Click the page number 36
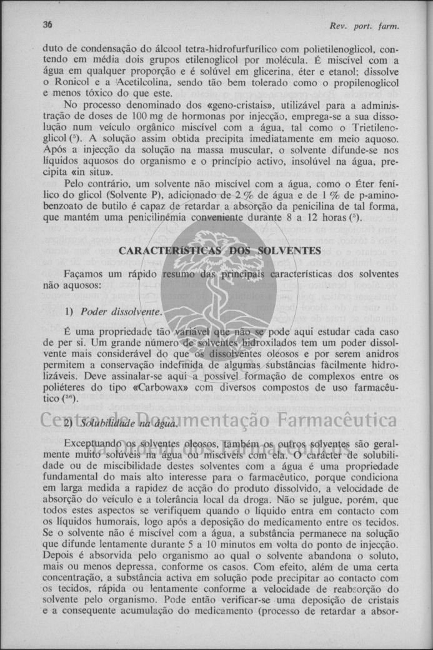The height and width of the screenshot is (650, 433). (x=47, y=25)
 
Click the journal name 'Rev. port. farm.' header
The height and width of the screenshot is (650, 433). (x=364, y=26)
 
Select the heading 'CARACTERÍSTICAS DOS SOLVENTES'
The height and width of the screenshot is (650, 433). (x=219, y=250)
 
